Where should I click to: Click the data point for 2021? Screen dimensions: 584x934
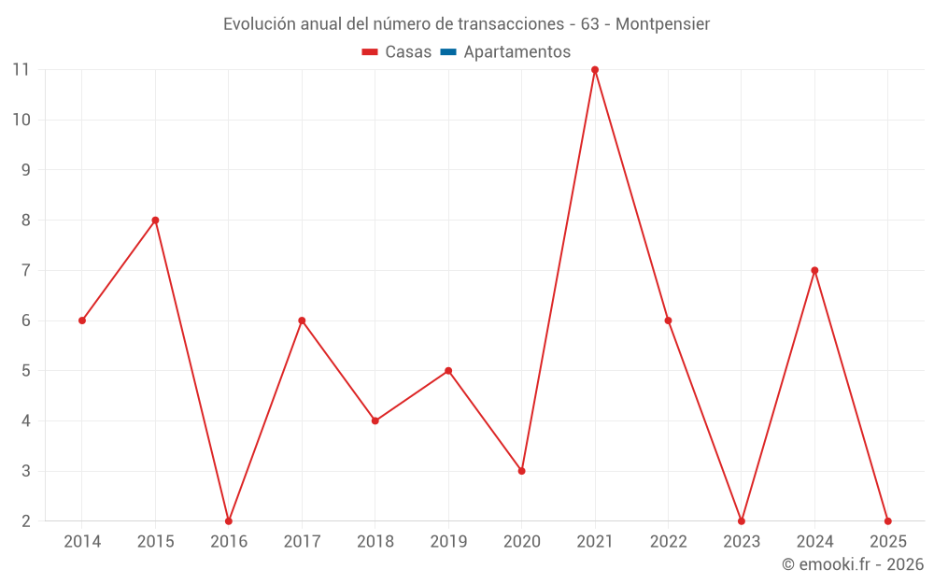pos(595,70)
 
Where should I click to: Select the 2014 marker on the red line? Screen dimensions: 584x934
pos(82,320)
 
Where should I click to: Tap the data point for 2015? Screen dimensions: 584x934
pos(155,221)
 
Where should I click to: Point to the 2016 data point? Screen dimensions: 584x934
pos(229,520)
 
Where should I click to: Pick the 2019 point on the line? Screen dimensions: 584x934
pos(448,371)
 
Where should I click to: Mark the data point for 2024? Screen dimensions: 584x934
pos(814,270)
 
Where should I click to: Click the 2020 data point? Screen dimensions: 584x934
pos(521,471)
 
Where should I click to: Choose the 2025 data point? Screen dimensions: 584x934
pos(887,520)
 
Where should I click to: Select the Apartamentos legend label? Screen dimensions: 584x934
pos(517,52)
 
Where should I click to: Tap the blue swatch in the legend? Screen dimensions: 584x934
pos(448,52)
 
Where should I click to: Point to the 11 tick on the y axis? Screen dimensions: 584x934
pos(21,70)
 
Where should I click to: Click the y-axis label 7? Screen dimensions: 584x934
pos(26,270)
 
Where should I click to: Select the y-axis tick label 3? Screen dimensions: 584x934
pos(26,471)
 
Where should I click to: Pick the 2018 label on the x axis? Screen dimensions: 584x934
pos(375,542)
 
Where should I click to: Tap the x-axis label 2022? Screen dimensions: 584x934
pos(668,542)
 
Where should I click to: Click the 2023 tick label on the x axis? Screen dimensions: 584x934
pos(742,542)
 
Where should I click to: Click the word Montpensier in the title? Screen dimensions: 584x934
pos(662,24)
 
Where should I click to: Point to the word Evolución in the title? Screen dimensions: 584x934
pos(259,24)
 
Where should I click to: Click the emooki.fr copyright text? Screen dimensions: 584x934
pos(853,564)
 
